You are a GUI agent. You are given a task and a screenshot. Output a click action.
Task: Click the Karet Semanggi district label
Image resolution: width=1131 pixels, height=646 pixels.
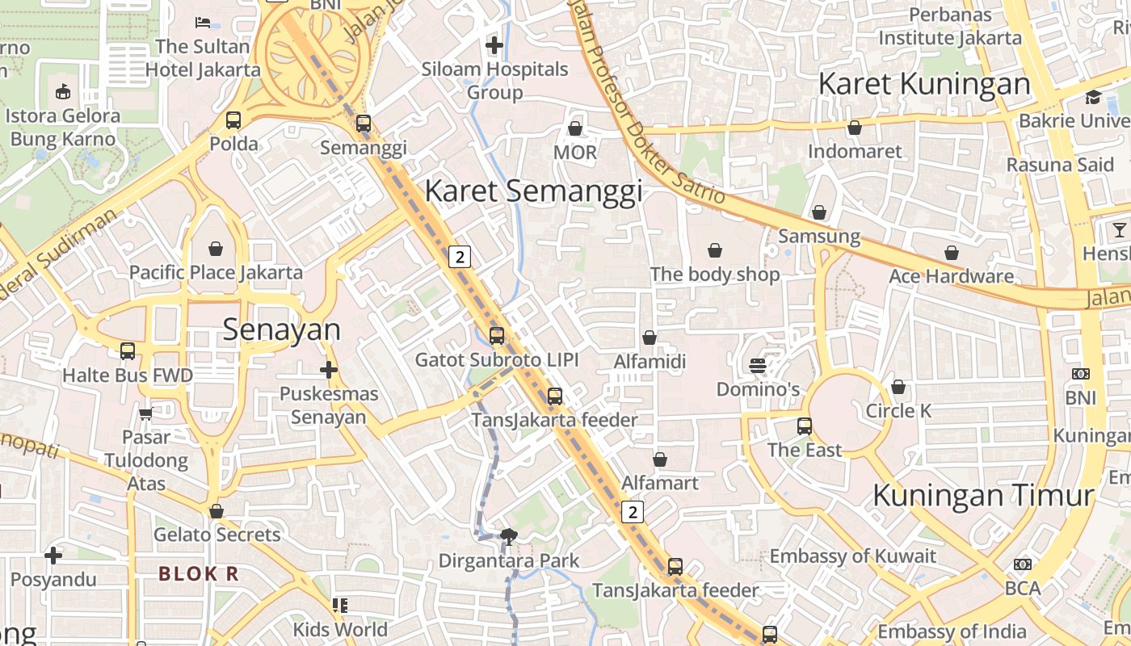tap(533, 191)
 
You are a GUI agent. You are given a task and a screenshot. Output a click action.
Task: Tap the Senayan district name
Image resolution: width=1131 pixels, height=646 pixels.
tap(282, 329)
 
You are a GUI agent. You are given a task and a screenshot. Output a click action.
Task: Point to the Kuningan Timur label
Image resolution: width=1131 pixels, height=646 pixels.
tap(983, 495)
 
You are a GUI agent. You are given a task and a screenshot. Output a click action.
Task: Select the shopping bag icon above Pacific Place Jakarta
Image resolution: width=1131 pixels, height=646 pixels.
tap(216, 248)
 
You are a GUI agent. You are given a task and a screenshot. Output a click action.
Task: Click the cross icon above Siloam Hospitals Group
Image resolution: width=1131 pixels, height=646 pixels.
tap(494, 45)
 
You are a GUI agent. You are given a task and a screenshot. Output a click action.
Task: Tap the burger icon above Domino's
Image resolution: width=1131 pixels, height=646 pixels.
tap(758, 366)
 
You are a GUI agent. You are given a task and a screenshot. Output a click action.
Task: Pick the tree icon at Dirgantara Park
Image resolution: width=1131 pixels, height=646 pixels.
tap(509, 535)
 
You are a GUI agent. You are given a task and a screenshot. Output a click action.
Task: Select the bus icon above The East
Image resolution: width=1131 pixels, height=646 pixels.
tap(805, 426)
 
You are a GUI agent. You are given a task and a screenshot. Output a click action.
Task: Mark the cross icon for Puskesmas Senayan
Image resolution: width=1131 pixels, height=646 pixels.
tap(328, 371)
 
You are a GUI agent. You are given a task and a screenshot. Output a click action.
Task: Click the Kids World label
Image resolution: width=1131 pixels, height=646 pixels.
tap(340, 629)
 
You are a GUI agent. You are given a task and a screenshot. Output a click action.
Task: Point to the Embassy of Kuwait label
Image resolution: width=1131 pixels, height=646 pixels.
tap(852, 556)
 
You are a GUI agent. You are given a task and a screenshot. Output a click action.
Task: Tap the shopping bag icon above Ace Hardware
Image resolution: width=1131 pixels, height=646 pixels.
tap(952, 253)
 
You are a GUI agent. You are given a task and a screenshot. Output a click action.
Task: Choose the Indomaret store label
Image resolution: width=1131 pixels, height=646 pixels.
tap(855, 152)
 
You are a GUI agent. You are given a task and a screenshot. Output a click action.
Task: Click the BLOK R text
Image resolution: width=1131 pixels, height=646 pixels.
tap(199, 574)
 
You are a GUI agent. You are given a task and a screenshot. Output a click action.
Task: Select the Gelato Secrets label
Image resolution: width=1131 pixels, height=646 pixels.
tap(217, 535)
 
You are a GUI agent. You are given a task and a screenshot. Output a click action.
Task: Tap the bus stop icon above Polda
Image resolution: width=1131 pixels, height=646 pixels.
tap(233, 120)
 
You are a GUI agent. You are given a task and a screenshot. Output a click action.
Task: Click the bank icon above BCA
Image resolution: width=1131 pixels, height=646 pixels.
tap(1023, 564)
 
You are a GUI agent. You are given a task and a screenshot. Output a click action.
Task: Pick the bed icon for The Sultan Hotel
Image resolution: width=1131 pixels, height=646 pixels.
tap(204, 22)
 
